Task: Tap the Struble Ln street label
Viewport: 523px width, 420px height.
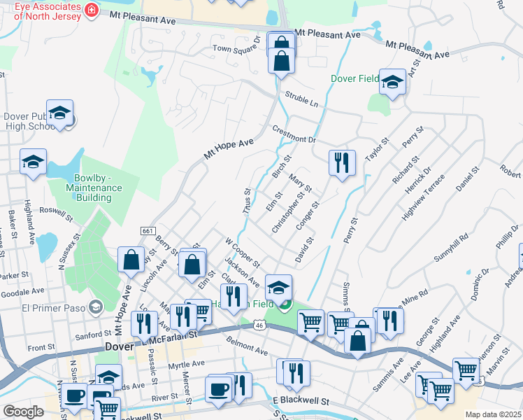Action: click(301, 99)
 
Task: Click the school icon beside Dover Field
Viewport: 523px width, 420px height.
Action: click(393, 83)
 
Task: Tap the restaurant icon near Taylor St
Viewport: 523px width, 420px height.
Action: click(342, 162)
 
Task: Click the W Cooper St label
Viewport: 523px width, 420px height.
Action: click(242, 252)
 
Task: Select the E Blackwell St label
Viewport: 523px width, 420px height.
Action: click(301, 401)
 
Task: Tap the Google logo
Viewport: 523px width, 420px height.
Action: click(23, 412)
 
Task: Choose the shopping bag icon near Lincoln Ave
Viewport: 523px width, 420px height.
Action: click(131, 260)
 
